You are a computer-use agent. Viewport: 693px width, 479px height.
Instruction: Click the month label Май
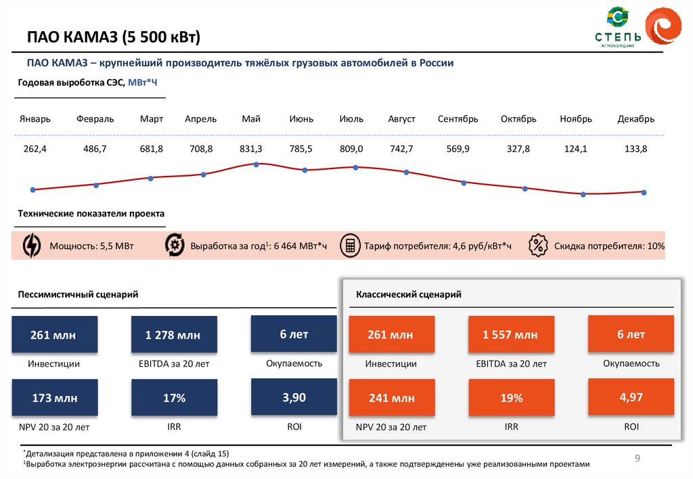tap(251, 119)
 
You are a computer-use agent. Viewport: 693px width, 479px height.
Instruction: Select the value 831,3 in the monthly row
tap(251, 149)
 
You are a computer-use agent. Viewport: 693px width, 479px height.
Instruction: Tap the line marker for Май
tap(256, 164)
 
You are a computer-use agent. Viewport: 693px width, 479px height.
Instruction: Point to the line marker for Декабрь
tap(644, 193)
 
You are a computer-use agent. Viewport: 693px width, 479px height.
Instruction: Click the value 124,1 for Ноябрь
tap(576, 149)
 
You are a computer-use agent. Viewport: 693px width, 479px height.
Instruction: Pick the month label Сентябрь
tap(457, 119)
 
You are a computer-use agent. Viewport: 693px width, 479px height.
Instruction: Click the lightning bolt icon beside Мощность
tap(32, 246)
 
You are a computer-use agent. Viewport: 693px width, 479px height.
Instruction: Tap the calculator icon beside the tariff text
tap(350, 246)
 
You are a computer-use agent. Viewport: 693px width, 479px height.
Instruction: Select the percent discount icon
tap(538, 245)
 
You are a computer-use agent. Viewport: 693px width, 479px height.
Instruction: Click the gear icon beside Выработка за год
tap(175, 245)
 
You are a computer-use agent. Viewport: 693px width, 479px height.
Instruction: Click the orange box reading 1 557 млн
tap(510, 335)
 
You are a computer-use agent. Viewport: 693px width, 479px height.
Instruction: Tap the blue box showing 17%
tap(174, 398)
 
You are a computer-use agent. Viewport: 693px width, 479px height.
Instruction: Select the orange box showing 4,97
tap(631, 397)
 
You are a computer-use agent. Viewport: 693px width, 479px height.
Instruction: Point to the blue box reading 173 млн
tap(54, 398)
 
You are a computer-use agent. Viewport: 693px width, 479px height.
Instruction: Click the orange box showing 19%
tap(511, 398)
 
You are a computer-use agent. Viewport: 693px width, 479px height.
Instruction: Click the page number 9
tap(637, 459)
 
